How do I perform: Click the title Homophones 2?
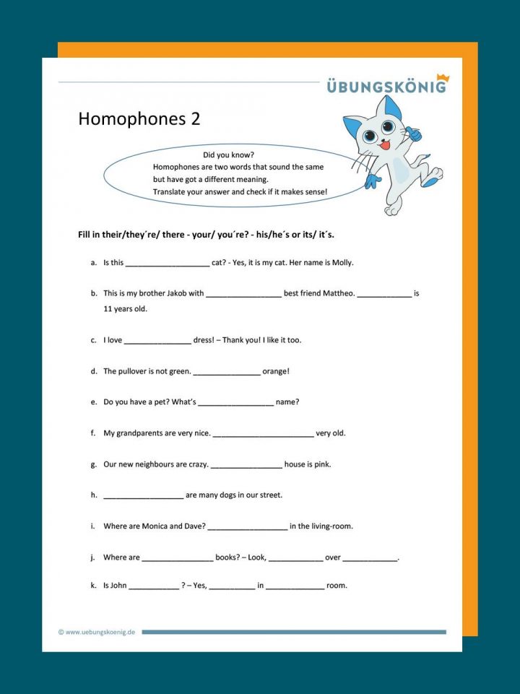point(139,119)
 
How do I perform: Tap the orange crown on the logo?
point(442,77)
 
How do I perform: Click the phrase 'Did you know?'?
point(228,155)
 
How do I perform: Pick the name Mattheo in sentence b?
point(336,294)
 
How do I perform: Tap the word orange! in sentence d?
point(276,371)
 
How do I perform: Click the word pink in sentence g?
point(322,464)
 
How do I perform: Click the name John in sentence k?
point(118,586)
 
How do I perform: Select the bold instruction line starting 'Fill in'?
point(206,235)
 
